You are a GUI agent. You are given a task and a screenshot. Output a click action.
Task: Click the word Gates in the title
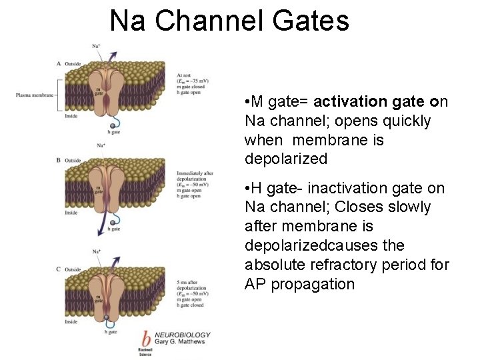[x=311, y=21]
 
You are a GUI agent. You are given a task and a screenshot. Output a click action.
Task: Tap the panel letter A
[x=59, y=63]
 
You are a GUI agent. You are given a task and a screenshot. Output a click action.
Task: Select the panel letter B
[x=59, y=160]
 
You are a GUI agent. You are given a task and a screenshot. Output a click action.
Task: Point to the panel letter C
[x=59, y=269]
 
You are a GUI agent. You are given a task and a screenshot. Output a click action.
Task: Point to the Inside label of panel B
[x=71, y=213]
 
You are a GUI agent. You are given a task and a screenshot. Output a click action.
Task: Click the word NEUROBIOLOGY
[x=183, y=335]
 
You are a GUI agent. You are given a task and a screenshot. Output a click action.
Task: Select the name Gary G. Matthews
[x=179, y=342]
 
